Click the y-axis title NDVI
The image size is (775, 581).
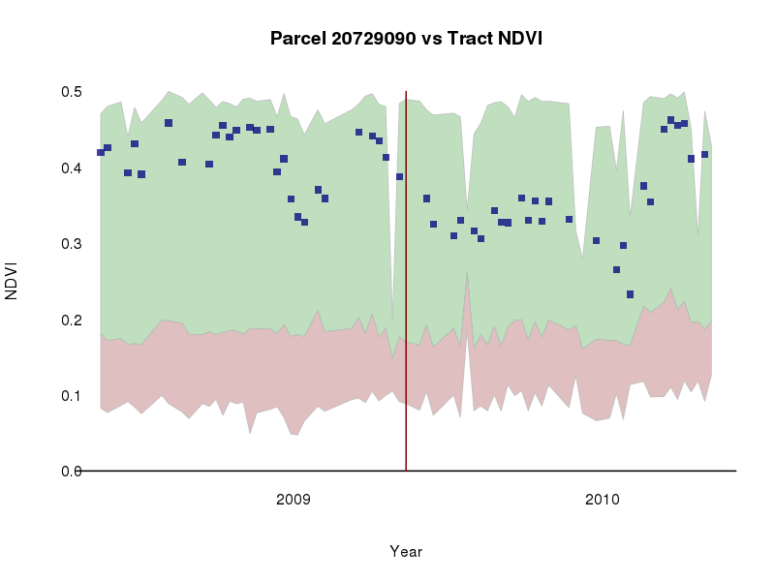click(13, 281)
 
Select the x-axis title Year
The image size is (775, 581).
click(406, 551)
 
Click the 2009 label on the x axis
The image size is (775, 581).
click(293, 500)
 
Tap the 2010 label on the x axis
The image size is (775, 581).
click(602, 500)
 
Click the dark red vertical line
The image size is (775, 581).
click(406, 290)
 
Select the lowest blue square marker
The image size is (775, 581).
click(630, 294)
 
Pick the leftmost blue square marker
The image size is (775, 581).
click(101, 153)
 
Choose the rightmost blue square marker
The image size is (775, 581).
click(704, 154)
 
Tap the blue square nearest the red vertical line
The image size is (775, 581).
click(399, 177)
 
